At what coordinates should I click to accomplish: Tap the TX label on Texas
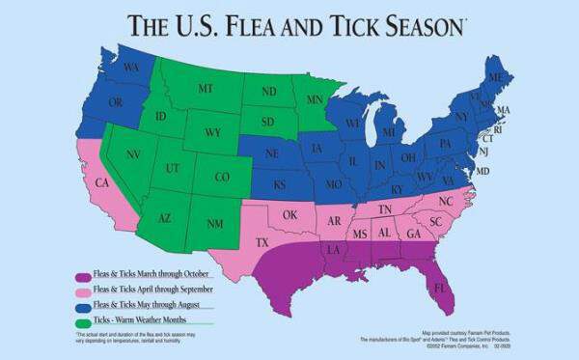tap(262, 243)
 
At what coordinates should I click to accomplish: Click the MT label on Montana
tap(206, 88)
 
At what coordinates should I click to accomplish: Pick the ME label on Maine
tap(495, 75)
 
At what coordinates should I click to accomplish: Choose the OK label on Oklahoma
tap(288, 214)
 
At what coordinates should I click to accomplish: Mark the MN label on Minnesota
tap(315, 99)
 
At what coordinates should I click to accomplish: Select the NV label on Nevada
tap(134, 154)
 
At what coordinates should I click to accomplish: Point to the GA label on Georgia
tap(413, 235)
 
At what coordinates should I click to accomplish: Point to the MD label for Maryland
tap(483, 171)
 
